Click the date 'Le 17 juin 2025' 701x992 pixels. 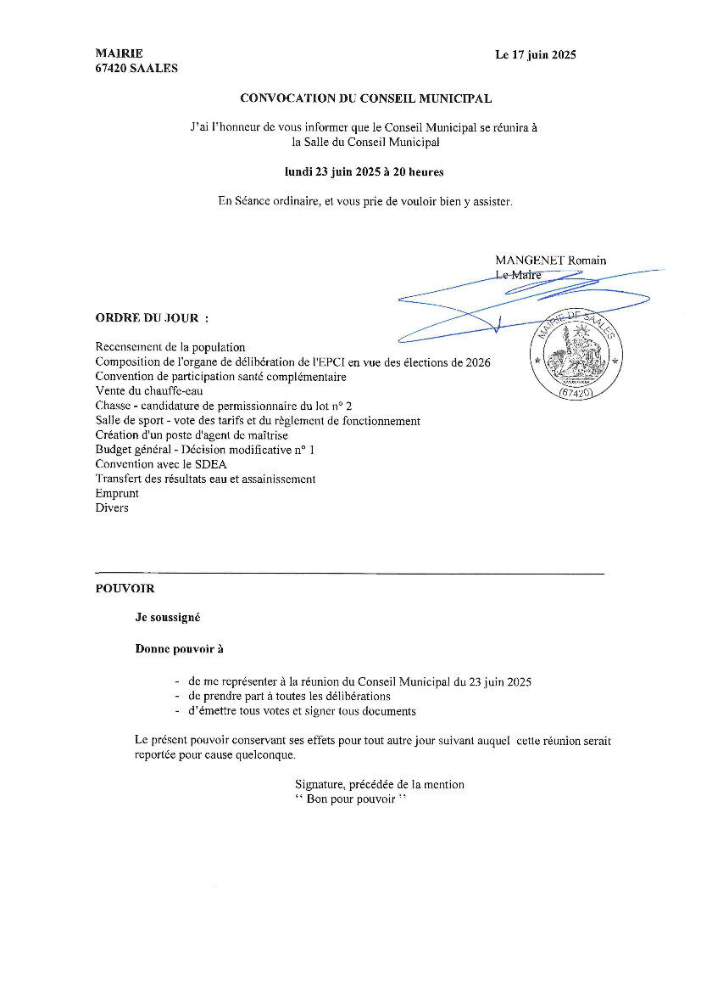click(x=536, y=55)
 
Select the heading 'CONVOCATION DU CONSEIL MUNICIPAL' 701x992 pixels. click(x=365, y=98)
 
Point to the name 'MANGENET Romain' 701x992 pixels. click(x=551, y=261)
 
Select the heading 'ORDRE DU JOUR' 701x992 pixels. click(x=152, y=318)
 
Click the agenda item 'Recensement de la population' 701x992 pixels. click(x=170, y=347)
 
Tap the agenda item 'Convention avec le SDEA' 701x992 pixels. click(x=161, y=464)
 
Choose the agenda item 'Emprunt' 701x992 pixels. click(x=117, y=493)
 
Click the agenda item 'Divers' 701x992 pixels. click(x=112, y=508)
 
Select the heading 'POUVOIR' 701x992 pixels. click(x=125, y=587)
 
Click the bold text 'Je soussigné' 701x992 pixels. click(x=168, y=618)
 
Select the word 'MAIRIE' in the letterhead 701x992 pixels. click(x=120, y=53)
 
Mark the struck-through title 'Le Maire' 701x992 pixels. click(x=518, y=275)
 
